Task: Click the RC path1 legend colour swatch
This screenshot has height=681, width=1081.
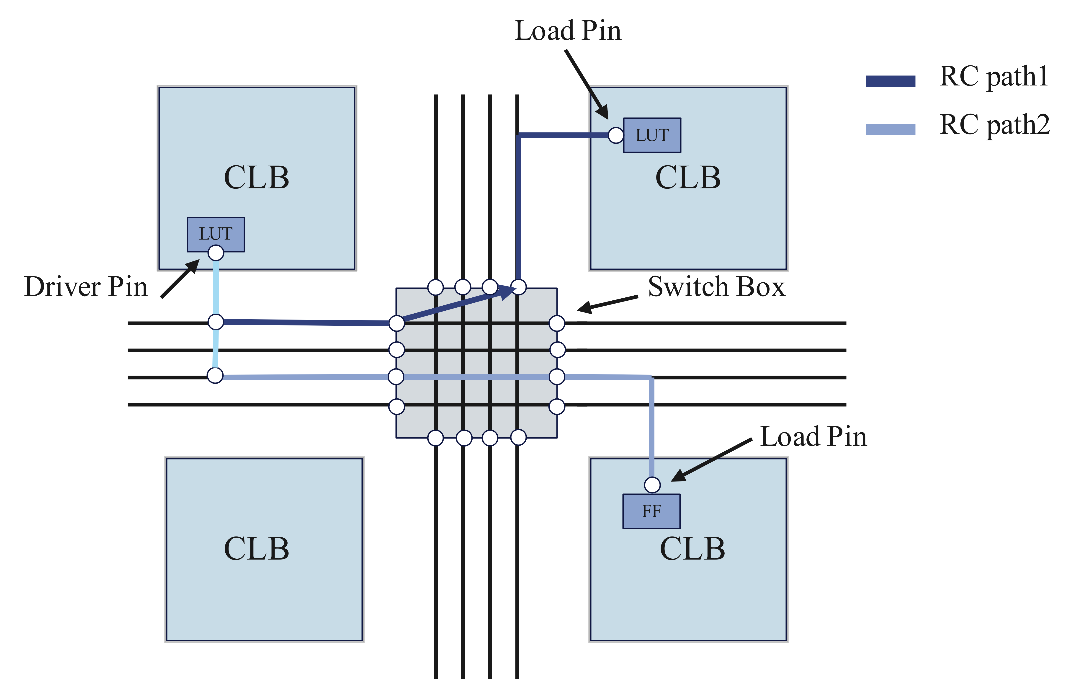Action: click(890, 81)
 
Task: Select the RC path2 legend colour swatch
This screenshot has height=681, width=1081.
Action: click(890, 129)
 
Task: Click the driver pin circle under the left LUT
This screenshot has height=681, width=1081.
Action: click(216, 253)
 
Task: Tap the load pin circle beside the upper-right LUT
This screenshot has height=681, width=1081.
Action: click(615, 135)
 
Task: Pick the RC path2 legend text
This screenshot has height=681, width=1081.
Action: click(994, 125)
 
